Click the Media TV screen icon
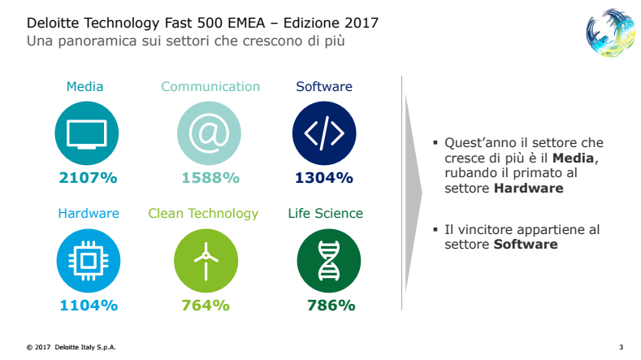click(87, 133)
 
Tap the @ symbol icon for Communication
click(209, 133)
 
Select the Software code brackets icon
click(324, 133)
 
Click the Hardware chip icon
click(89, 261)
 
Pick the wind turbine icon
click(206, 261)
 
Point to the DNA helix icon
click(329, 261)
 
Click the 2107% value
click(88, 178)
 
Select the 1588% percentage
click(210, 178)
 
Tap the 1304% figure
click(324, 178)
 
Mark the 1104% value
click(89, 306)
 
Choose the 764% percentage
click(206, 306)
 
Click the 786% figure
click(331, 306)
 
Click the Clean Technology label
click(203, 214)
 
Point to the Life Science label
click(326, 213)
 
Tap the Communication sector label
click(210, 86)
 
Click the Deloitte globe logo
click(610, 33)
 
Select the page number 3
click(621, 347)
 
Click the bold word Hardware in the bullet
click(529, 189)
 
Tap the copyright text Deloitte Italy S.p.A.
click(85, 347)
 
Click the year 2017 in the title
click(362, 23)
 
